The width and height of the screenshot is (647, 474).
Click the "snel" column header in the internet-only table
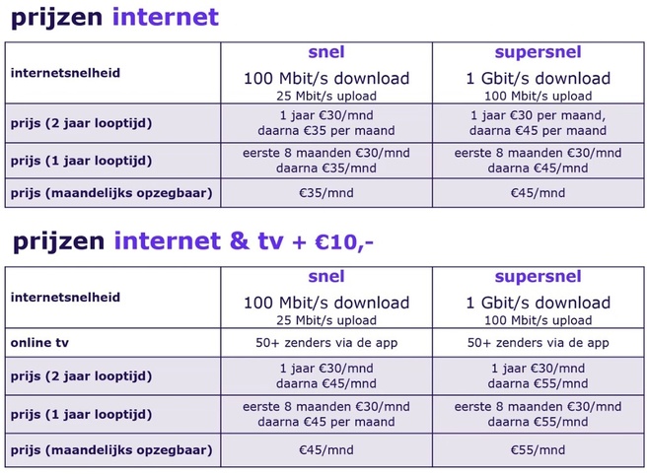325,52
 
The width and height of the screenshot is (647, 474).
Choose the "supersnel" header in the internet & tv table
538,277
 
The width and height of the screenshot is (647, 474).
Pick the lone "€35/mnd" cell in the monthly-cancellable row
325,193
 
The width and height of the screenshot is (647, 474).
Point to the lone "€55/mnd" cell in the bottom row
538,450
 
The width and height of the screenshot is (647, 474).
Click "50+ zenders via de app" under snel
325,342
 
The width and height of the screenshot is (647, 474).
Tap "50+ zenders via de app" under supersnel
538,342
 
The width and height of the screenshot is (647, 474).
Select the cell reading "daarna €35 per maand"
325,130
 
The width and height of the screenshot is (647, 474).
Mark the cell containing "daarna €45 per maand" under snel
325,421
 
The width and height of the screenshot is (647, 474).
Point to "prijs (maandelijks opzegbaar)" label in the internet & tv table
110,450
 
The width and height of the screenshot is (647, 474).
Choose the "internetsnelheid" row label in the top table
65,72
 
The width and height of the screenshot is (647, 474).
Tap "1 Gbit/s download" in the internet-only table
538,78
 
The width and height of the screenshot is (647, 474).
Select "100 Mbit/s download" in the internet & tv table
325,303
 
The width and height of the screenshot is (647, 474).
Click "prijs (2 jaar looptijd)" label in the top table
81,122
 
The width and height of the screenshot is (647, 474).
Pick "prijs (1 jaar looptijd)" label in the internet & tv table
81,413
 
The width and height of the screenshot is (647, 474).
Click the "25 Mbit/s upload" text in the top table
325,96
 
